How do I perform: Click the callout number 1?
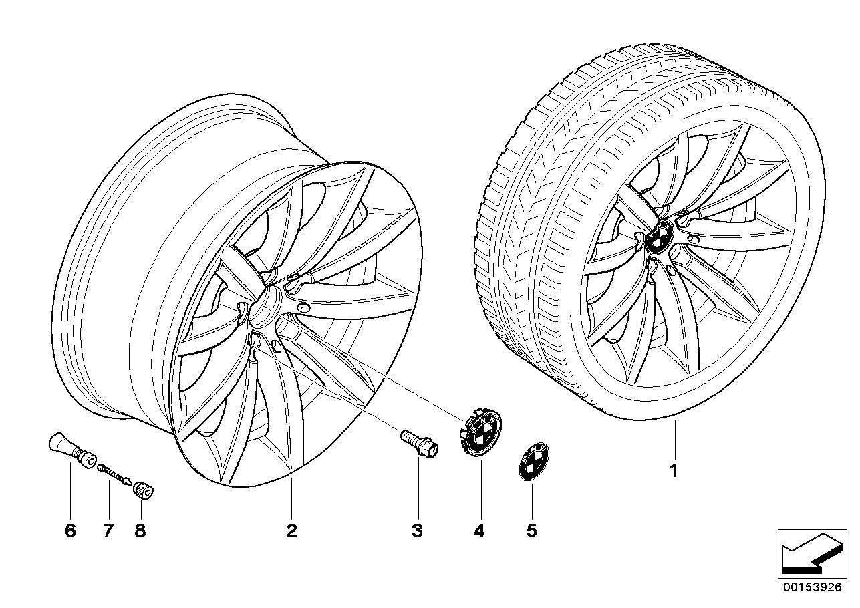674,470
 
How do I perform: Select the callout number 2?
291,531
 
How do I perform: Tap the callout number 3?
418,531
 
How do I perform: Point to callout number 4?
479,531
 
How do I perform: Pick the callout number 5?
531,531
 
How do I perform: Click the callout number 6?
71,531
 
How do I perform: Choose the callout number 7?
108,531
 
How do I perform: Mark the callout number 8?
140,531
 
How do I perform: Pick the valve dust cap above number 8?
143,492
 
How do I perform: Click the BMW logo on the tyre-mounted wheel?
660,237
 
